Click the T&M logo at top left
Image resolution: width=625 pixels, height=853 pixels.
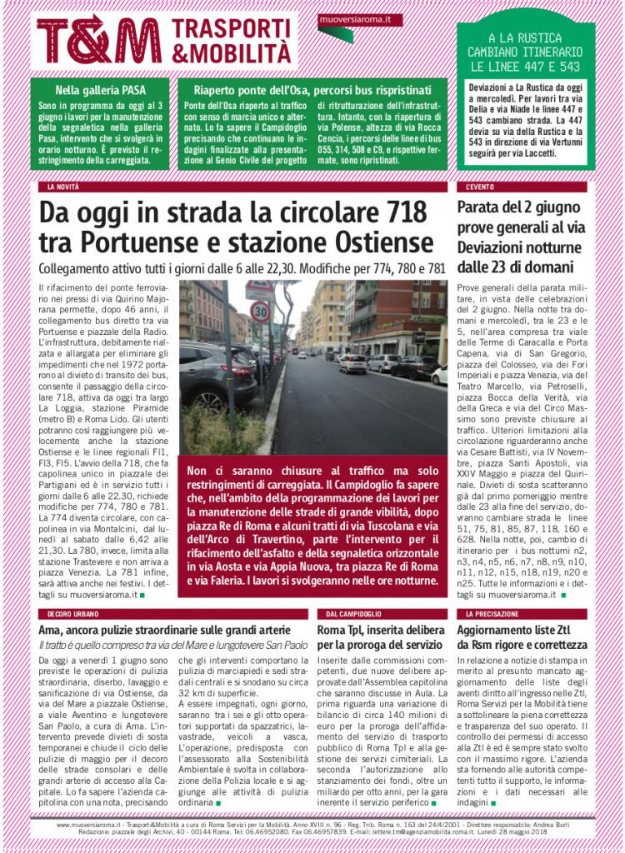98,39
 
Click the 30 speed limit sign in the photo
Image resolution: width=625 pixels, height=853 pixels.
259,312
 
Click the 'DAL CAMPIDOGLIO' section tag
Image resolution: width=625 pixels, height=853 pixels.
349,614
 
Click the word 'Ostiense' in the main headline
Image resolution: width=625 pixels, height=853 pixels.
382,243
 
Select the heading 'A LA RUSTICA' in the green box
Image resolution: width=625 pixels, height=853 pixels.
525,38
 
